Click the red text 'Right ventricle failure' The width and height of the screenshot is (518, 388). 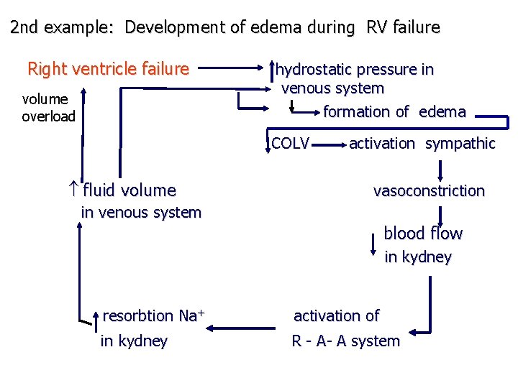[108, 69]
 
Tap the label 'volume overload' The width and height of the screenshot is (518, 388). [48, 108]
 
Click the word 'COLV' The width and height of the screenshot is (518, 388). [291, 144]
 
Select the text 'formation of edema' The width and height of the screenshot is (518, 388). [394, 112]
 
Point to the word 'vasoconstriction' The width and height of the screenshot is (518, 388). [429, 191]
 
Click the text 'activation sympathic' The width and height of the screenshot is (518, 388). [422, 144]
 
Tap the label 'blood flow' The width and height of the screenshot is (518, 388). [423, 234]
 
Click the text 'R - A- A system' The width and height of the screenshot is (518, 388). [345, 341]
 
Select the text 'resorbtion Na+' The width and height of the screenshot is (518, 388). [154, 316]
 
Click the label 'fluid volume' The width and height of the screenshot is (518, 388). [129, 190]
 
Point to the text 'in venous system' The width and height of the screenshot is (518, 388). [141, 213]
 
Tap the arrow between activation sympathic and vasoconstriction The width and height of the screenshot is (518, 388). [440, 169]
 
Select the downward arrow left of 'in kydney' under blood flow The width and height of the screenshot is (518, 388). [373, 244]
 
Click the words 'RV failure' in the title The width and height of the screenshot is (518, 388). [403, 28]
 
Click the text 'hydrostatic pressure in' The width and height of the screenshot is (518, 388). [355, 70]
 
